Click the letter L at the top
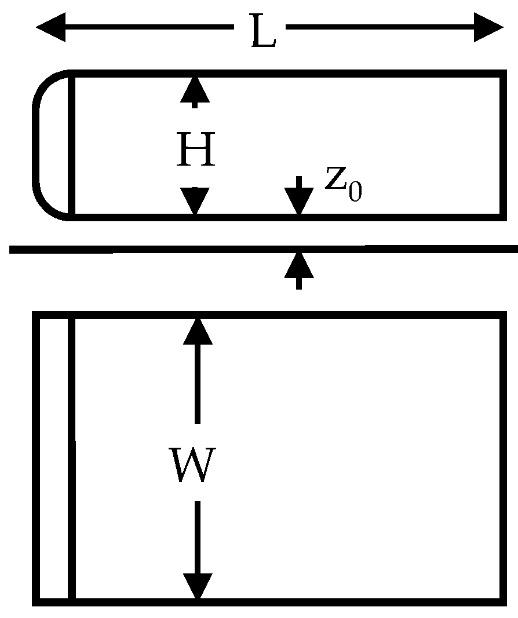[262, 34]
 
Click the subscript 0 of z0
[355, 192]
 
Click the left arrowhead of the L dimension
[51, 27]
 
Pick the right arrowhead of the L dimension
[488, 27]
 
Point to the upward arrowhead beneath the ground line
[298, 266]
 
